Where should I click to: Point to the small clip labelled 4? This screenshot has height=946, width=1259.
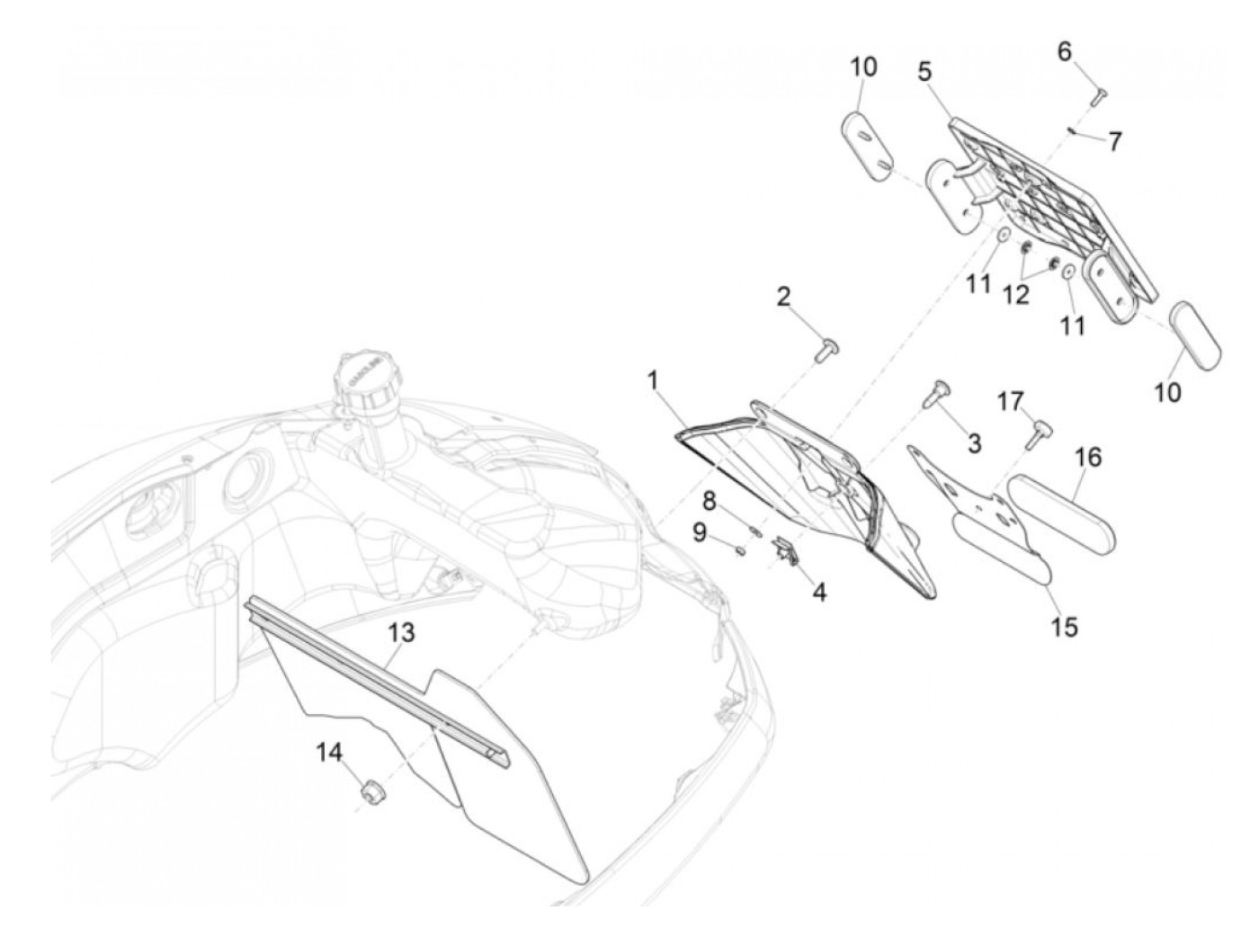point(788,550)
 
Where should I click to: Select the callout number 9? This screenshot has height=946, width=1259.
point(701,533)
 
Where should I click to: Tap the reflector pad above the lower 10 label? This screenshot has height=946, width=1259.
point(1195,335)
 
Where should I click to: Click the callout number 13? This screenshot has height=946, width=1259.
point(402,633)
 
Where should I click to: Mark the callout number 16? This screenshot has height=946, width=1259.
point(1087,457)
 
